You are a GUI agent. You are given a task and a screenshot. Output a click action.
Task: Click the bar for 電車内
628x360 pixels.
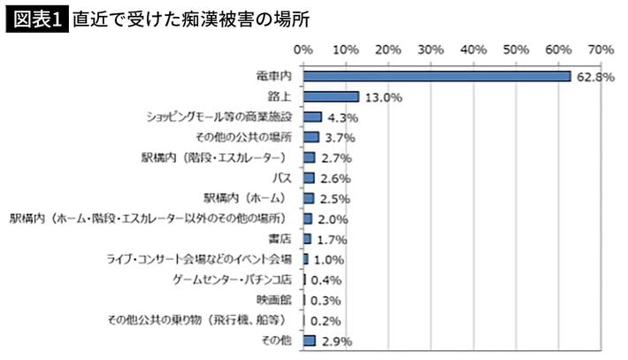point(437,76)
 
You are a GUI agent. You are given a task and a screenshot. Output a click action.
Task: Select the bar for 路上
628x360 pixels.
point(331,96)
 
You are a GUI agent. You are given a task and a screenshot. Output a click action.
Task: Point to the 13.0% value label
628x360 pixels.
point(382,97)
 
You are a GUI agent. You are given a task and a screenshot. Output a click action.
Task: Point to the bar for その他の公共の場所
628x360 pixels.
point(311,137)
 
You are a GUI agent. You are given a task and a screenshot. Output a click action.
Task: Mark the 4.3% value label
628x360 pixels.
point(341,118)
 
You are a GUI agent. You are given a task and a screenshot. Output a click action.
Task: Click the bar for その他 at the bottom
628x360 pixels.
point(310,341)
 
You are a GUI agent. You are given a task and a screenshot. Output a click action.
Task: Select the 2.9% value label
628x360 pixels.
point(339,341)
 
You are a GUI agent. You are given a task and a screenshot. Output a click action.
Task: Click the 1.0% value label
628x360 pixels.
point(328,260)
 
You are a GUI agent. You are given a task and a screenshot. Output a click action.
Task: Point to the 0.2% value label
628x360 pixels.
point(325,321)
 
